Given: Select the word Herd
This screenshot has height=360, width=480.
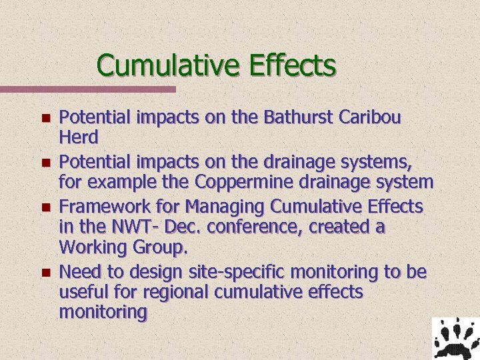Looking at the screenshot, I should [x=79, y=137].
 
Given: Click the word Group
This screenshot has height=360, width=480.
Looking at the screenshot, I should [x=155, y=249].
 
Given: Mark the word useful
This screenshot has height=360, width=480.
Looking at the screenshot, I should [x=81, y=292].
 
